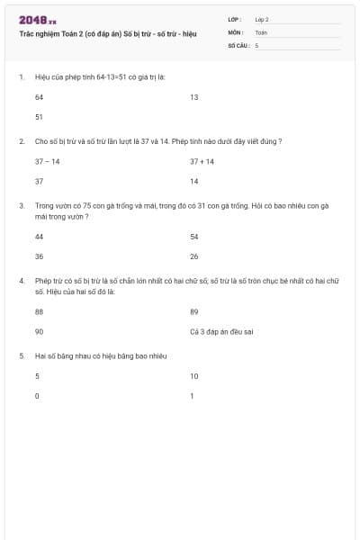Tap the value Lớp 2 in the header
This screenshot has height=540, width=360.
262,19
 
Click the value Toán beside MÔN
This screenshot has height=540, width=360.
261,31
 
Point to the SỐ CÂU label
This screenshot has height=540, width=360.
237,44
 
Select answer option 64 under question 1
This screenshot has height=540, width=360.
39,96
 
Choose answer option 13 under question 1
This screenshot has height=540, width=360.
193,96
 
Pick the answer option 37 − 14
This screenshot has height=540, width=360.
48,161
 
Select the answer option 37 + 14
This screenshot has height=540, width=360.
202,161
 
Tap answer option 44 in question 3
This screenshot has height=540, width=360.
39,237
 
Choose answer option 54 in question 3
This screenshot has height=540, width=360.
193,237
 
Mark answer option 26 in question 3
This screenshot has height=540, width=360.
193,256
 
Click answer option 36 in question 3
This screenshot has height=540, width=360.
39,256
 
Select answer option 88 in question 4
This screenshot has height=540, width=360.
39,311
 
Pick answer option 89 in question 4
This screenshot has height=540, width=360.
193,311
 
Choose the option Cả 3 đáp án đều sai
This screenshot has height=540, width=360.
221,331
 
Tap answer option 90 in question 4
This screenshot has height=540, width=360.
39,331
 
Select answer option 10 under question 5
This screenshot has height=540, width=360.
193,376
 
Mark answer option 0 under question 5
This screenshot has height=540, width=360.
37,396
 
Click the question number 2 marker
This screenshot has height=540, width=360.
21,141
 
